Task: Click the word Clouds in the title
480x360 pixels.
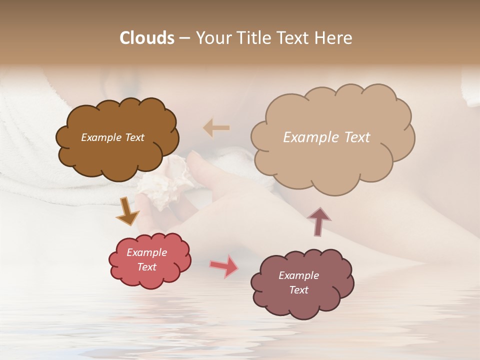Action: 147,38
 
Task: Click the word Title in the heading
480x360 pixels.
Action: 253,38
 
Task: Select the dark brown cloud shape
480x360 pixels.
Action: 117,155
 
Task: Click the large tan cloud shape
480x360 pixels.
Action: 332,160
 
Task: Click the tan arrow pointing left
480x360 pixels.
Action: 216,127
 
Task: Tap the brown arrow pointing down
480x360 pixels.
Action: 128,212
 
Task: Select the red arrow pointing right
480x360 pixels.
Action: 224,266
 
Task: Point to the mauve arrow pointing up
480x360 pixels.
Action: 318,221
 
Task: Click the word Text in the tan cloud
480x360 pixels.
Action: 357,137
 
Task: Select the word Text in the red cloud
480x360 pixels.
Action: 147,267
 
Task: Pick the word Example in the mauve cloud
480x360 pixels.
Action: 298,275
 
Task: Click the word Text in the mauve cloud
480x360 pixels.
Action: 298,290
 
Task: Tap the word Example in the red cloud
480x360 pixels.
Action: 147,252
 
